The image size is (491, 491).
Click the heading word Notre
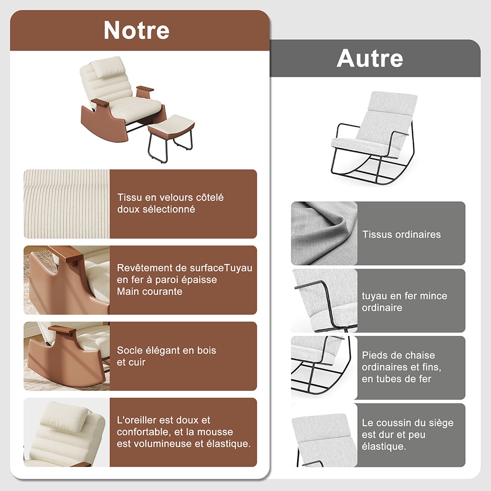point(136,30)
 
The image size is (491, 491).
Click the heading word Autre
point(370,58)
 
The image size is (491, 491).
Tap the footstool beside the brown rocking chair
point(171,137)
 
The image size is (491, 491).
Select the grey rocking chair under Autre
point(374,138)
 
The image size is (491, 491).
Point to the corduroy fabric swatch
point(67,204)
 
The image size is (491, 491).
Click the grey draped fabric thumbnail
point(324,233)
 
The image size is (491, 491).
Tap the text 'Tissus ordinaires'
point(402,235)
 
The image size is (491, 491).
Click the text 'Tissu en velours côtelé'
point(170,197)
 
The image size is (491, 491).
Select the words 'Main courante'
point(149,292)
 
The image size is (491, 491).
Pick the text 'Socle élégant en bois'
point(166,350)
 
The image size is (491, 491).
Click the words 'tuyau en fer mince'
point(404,296)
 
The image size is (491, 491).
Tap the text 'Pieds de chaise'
point(398,355)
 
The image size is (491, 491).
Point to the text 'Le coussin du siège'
point(408,423)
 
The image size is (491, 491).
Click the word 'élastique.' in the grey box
point(383,446)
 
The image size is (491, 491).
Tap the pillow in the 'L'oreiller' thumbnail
point(65,415)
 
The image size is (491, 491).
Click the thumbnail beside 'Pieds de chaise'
point(324,368)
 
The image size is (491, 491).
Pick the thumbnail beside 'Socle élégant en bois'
point(67,356)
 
